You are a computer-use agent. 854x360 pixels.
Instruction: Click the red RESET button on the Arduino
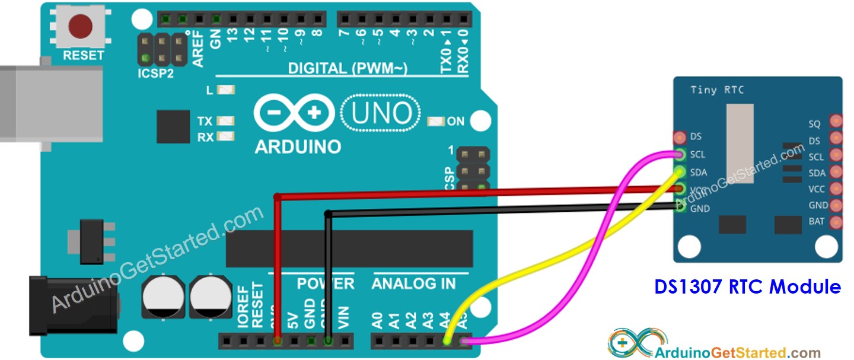80,27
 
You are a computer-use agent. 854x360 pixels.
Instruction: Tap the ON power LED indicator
436,122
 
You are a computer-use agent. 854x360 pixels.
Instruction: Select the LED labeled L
226,91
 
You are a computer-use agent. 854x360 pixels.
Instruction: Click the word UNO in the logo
381,113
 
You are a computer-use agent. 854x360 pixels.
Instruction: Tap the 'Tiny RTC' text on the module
717,90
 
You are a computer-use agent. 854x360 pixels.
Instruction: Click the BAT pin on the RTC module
836,222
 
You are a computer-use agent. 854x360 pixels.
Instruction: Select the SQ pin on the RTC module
836,121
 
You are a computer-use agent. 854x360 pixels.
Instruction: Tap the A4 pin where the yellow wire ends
448,341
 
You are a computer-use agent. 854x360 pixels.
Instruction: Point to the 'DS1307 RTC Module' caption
747,287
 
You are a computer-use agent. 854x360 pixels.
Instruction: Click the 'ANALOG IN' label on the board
413,284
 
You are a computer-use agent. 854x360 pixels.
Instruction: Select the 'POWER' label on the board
325,284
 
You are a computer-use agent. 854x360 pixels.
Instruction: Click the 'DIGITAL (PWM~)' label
347,69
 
